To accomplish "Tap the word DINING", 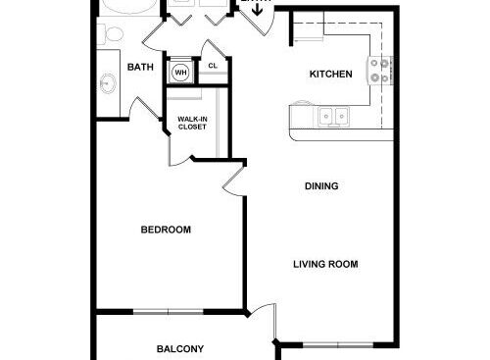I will point(321,186).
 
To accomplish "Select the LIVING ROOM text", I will point(325,264).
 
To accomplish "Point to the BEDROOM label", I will point(166,230).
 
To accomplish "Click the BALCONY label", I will point(180,348).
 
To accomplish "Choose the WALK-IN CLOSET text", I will point(191,124).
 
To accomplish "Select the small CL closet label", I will point(213,67).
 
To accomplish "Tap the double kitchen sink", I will point(334,118).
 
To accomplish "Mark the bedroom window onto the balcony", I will point(168,312).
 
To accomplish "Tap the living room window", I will point(338,344).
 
